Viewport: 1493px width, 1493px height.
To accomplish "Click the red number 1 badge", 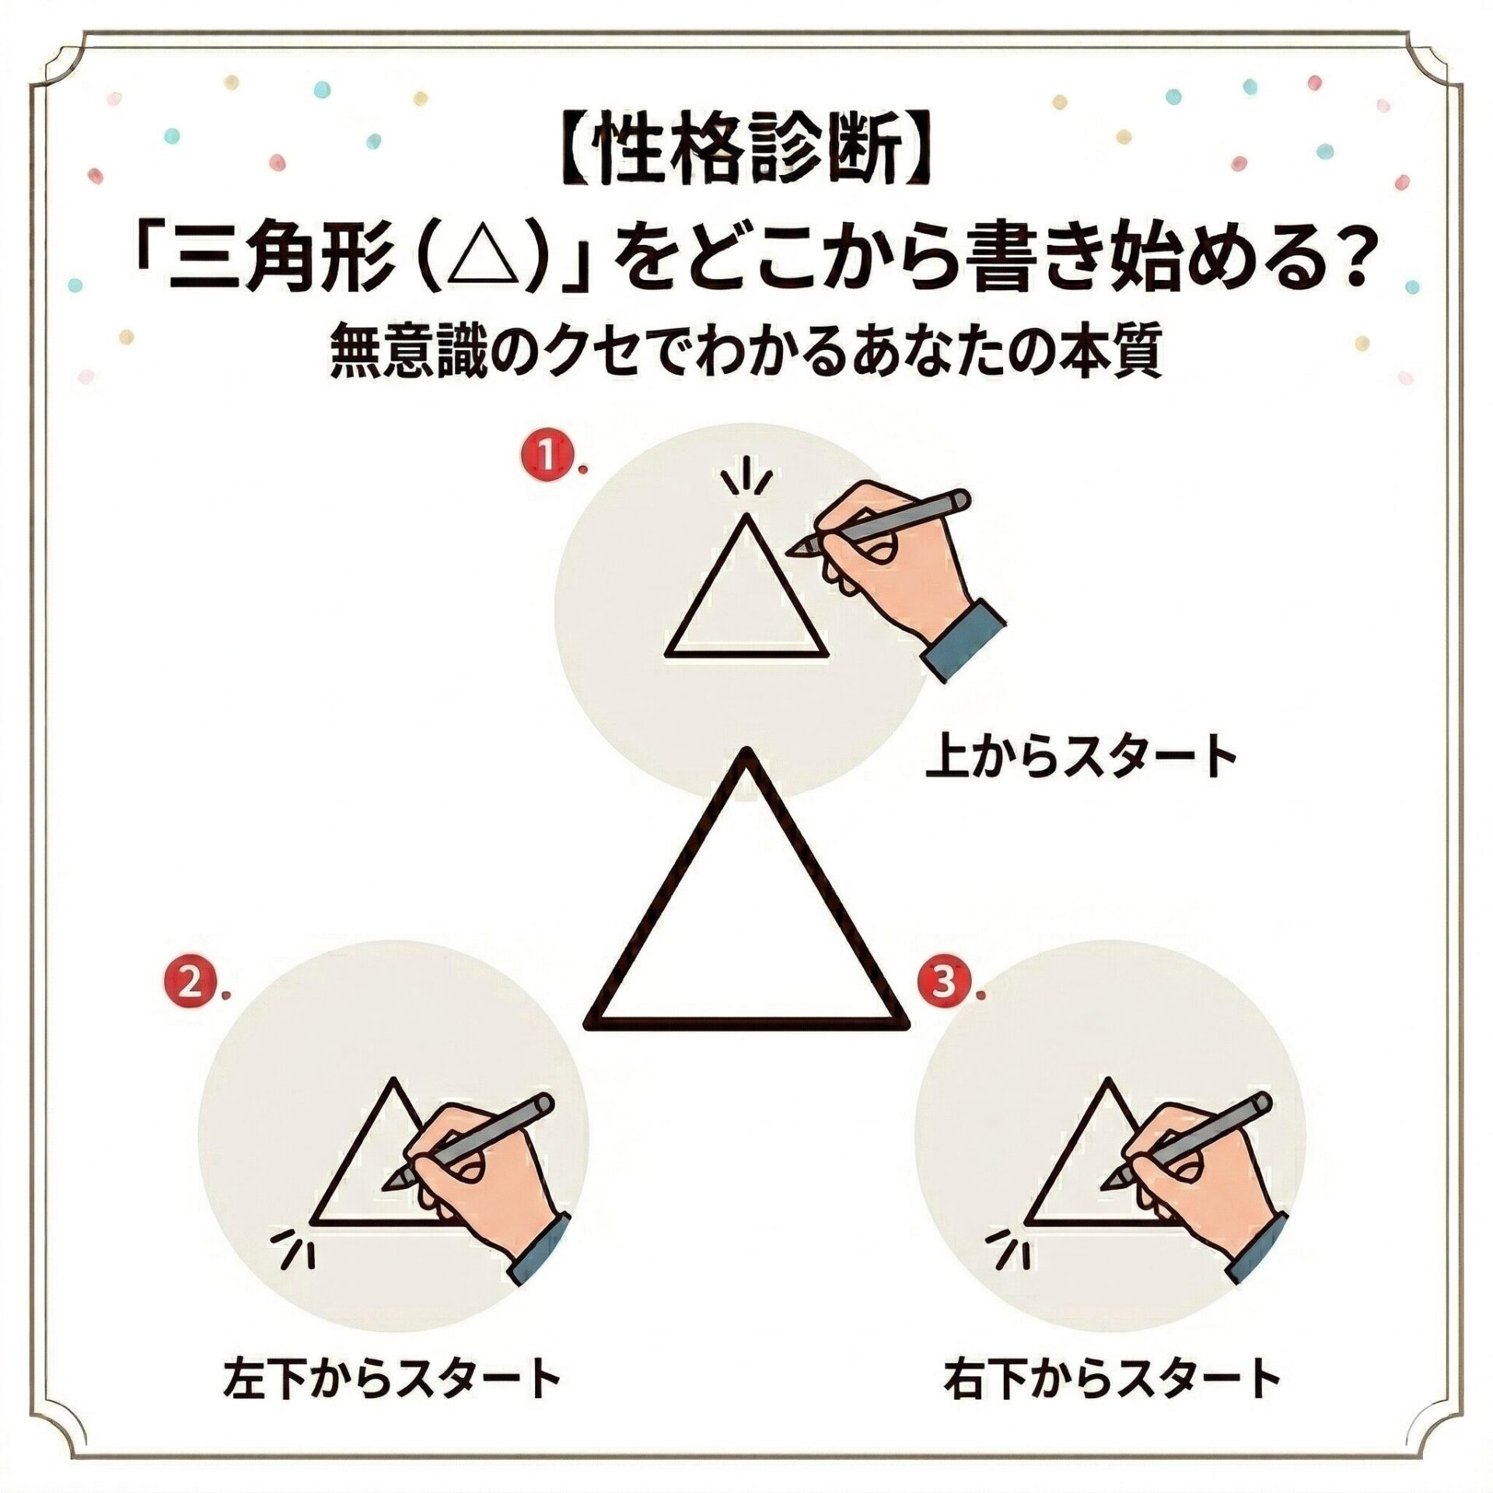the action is point(551,458).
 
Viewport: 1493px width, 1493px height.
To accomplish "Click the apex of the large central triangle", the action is point(747,752).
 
